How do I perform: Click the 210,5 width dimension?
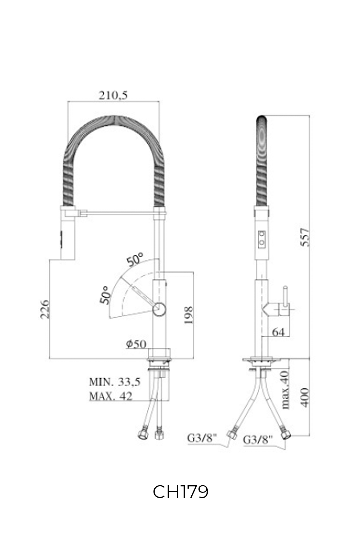(113, 95)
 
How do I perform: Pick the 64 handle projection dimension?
(278, 332)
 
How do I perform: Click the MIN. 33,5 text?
(115, 382)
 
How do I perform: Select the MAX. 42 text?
(111, 396)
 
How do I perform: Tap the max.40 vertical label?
(285, 390)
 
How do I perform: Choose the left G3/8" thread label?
(201, 438)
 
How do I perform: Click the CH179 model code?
(180, 492)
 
